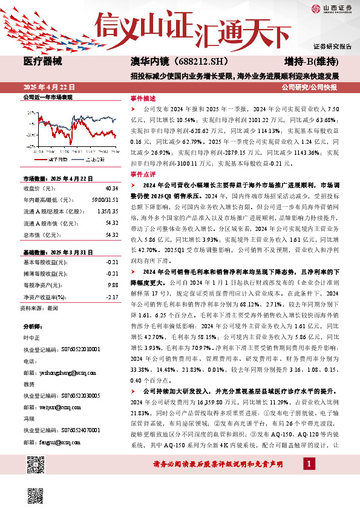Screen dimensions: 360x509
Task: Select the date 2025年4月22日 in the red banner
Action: tap(50, 86)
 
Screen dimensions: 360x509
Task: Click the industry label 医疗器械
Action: tap(42, 62)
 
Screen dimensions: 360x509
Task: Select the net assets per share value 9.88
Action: tap(112, 267)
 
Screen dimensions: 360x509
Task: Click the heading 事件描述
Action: tap(143, 97)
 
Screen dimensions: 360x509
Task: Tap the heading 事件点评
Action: tap(143, 173)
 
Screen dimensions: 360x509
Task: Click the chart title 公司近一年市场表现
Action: tap(47, 97)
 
